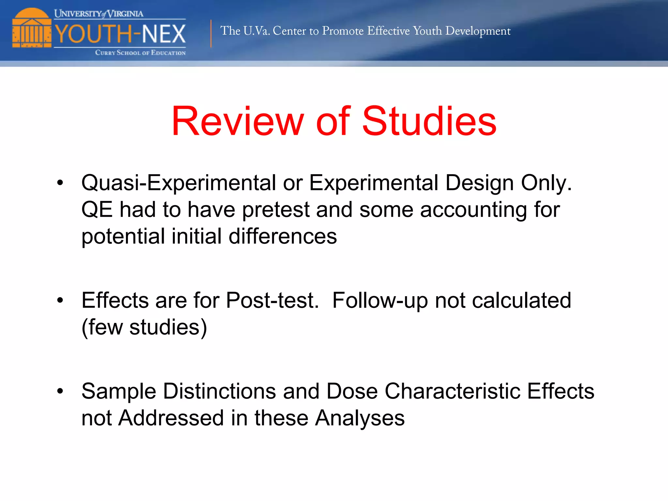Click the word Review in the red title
238,121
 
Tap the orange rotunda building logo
32,28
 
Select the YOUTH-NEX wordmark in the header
120,34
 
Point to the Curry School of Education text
140,53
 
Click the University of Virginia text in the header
99,14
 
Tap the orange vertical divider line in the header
211,34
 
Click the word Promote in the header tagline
342,31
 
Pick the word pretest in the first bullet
276,210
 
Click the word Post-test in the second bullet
272,300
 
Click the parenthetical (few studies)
144,327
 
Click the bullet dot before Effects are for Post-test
60,300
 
